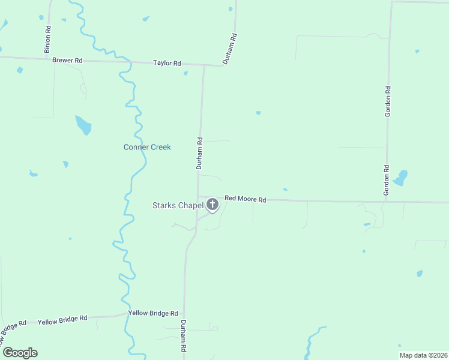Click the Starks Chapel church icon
pyautogui.click(x=212, y=205)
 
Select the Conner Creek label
pyautogui.click(x=147, y=147)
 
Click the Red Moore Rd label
pyautogui.click(x=245, y=199)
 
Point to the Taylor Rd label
pyautogui.click(x=167, y=63)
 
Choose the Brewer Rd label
pyautogui.click(x=67, y=61)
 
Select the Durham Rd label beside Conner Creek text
pyautogui.click(x=200, y=153)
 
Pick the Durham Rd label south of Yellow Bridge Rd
pyautogui.click(x=184, y=336)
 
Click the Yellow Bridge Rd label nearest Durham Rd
pyautogui.click(x=153, y=313)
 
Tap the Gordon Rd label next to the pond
pyautogui.click(x=387, y=180)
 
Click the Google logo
pyautogui.click(x=20, y=352)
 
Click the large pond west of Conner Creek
pyautogui.click(x=83, y=125)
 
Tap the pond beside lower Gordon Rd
pyautogui.click(x=400, y=178)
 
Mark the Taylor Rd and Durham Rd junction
pyautogui.click(x=204, y=65)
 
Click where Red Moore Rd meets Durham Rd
pyautogui.click(x=199, y=197)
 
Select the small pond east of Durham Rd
pyautogui.click(x=258, y=112)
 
